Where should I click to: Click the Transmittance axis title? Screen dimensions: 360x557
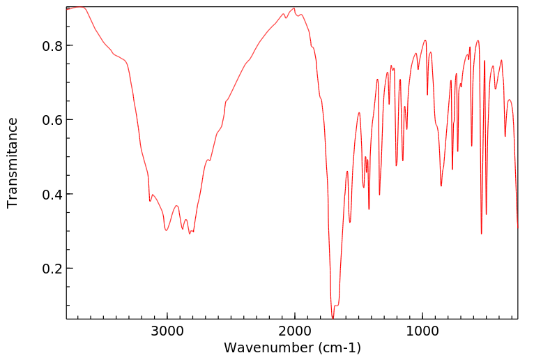13,163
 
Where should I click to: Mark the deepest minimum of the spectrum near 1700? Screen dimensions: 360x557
333,318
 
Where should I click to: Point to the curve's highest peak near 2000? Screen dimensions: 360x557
294,8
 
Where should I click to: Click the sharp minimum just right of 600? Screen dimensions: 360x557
482,234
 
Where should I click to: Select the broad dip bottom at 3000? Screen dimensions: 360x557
166,230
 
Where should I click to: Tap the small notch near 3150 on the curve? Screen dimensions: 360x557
150,201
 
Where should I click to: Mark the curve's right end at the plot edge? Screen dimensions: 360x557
517,227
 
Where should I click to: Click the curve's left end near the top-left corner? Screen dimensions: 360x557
68,9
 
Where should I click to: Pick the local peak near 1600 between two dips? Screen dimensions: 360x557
347,171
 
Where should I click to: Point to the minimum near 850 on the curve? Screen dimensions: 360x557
441,186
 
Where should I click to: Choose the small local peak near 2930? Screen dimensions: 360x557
176,206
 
